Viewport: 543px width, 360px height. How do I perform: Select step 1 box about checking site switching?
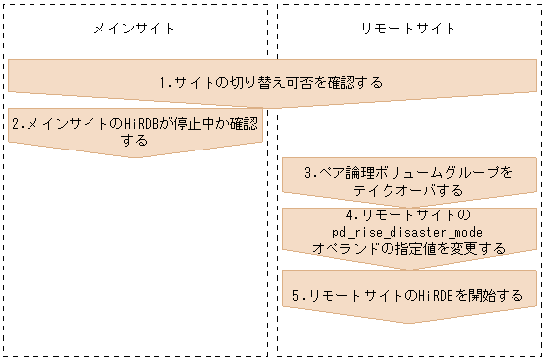271,80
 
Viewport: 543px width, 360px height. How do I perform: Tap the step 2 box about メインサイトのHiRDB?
135,133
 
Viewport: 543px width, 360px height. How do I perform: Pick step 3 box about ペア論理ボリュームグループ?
408,180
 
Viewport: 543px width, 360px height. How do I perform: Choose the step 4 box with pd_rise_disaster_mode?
408,231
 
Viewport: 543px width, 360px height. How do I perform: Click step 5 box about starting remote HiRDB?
408,294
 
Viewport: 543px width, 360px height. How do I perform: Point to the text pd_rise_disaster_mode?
408,231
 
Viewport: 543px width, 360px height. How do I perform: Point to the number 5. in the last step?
298,294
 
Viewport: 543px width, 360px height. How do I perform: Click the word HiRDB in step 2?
131,124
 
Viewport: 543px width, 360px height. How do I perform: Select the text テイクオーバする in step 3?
408,189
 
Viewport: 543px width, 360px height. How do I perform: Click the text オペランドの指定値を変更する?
408,248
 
